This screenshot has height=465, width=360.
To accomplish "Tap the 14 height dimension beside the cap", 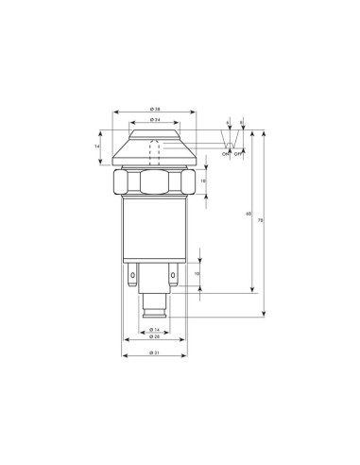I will click(x=97, y=146).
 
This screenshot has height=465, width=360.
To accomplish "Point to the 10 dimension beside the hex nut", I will click(x=202, y=181).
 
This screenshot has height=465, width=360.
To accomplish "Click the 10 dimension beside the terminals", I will click(x=197, y=274).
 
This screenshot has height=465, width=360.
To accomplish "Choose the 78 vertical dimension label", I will click(x=261, y=220).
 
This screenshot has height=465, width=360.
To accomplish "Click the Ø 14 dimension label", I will click(x=153, y=328).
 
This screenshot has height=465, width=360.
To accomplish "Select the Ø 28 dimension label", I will click(x=153, y=336).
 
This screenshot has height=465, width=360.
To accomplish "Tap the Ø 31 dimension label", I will click(x=153, y=353).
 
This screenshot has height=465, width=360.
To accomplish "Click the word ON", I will click(x=225, y=153).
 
